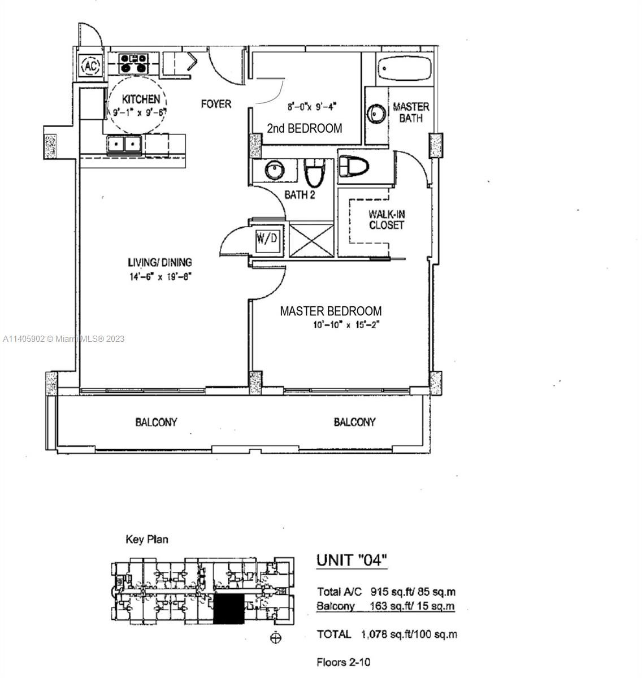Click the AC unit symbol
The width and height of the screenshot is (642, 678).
(91, 65)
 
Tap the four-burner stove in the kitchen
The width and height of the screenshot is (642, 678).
(133, 63)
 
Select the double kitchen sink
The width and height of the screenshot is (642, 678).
(124, 144)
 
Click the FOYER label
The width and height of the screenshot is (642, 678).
(216, 104)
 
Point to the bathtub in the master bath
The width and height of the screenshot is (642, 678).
(404, 68)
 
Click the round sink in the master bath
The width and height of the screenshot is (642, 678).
(376, 114)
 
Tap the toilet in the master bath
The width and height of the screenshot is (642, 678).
(353, 166)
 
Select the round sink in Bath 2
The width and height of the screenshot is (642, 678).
(275, 170)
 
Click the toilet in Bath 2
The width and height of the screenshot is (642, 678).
(314, 172)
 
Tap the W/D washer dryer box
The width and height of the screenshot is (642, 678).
(267, 238)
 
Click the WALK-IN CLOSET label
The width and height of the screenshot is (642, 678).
(387, 219)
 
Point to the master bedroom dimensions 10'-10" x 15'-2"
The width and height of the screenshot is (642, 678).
(346, 325)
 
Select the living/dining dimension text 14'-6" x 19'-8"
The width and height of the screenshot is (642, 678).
(160, 277)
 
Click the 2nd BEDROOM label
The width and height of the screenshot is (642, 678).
(305, 128)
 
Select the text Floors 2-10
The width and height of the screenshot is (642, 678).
(343, 662)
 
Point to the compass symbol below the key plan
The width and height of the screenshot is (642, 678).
(275, 638)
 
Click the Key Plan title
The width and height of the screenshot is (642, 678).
(147, 539)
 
